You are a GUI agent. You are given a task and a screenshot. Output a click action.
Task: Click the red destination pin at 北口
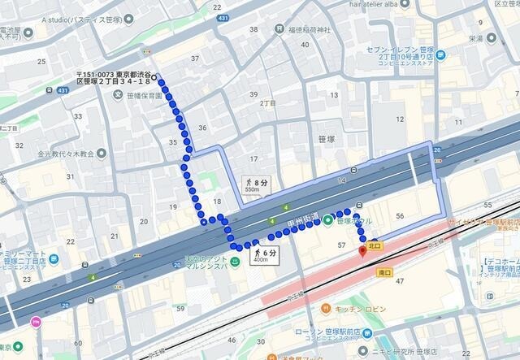pos(363,250)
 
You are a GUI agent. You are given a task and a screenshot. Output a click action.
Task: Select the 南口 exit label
pos(385,274)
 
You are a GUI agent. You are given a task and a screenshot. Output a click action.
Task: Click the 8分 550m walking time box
pos(255,184)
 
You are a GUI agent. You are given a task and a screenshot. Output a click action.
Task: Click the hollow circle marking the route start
pos(154,79)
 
